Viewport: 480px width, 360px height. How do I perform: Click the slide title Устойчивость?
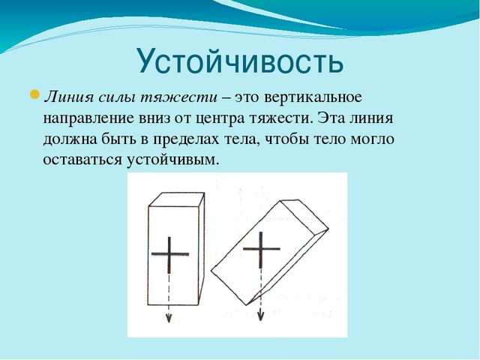click(x=240, y=61)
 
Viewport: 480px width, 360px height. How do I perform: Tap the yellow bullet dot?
click(x=34, y=94)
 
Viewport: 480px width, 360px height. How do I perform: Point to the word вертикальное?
click(x=313, y=97)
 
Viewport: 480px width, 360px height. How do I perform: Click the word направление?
click(x=88, y=118)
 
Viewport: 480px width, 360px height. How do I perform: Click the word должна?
click(x=70, y=140)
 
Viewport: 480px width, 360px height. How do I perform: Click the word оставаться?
click(x=82, y=160)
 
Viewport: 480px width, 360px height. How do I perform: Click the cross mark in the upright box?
click(x=169, y=254)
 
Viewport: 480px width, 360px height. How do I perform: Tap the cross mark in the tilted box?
click(x=261, y=249)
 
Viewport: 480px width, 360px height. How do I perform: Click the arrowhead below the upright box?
click(x=169, y=318)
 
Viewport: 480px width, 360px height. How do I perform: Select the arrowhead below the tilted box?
click(x=260, y=315)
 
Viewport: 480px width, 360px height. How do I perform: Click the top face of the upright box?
click(x=177, y=199)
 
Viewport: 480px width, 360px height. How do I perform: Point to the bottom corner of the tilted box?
click(x=247, y=305)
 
